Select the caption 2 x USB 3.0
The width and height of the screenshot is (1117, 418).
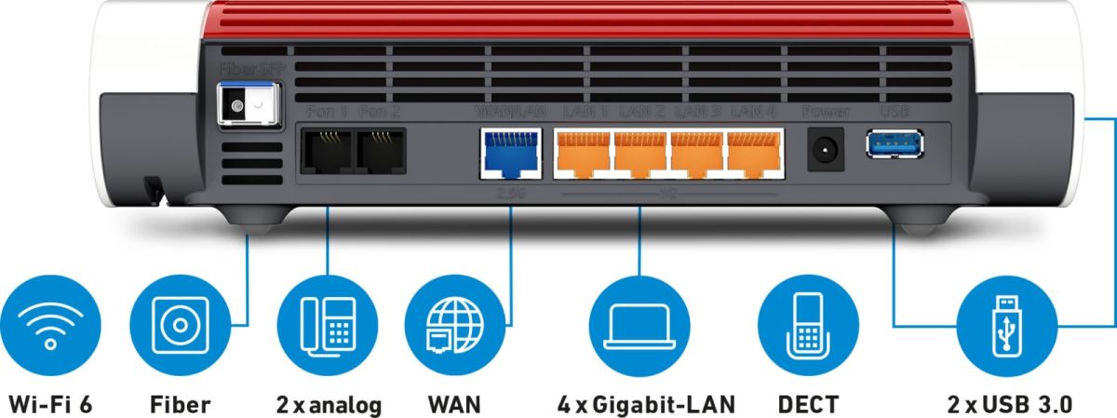(x=1009, y=405)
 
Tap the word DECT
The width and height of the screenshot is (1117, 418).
(x=808, y=405)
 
